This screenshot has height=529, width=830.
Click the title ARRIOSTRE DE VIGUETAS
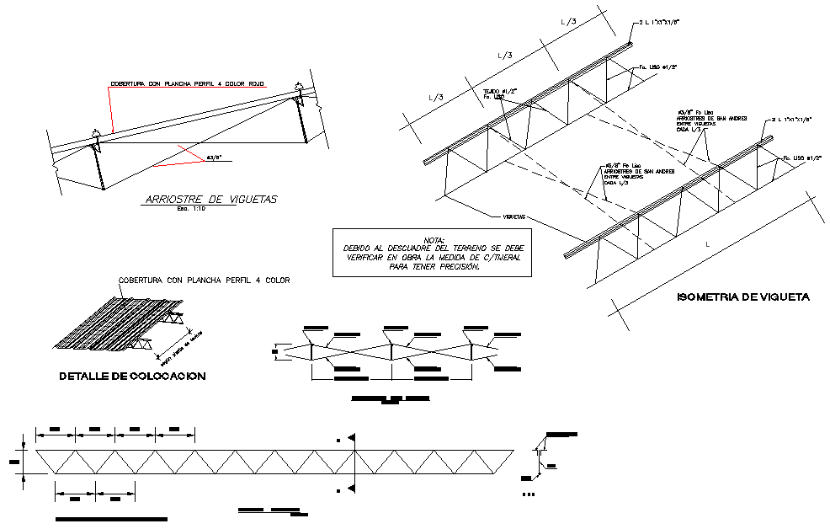point(210,200)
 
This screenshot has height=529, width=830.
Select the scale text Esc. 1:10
point(190,209)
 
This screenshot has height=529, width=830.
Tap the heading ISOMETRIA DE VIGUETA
point(743,297)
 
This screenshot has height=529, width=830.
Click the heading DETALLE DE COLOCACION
point(132,377)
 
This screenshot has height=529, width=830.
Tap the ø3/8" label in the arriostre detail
point(217,156)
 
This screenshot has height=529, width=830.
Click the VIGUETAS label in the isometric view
point(515,216)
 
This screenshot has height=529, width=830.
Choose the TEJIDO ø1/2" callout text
point(499,89)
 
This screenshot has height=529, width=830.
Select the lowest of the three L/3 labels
point(436,98)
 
